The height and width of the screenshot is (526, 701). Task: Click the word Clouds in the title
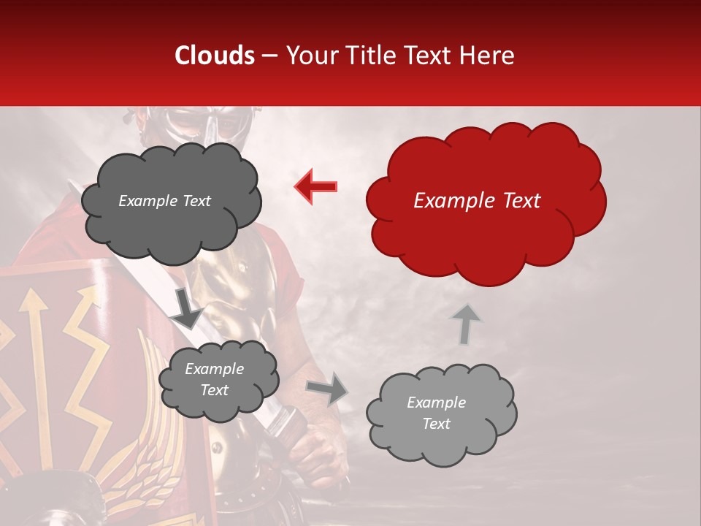215,56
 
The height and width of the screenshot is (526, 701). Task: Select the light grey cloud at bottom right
440,413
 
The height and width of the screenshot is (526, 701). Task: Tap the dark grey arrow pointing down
187,308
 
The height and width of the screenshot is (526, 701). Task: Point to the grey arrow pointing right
327,388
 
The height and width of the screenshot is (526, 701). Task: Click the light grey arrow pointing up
465,323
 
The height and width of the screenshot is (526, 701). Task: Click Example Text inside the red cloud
477,201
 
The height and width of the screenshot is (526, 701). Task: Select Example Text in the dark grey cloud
164,201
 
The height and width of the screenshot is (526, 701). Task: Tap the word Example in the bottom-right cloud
436,403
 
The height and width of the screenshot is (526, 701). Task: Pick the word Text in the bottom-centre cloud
214,390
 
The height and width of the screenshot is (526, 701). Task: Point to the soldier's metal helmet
191,124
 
